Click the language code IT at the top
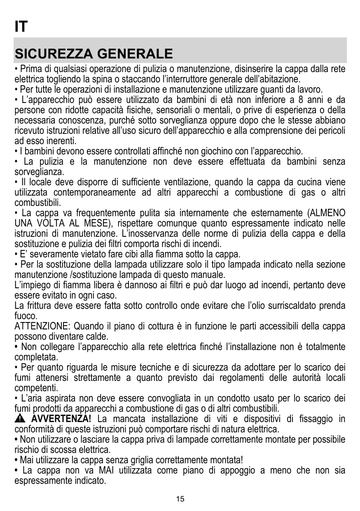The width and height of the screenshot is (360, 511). (21, 27)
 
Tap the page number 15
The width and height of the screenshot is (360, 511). (180, 499)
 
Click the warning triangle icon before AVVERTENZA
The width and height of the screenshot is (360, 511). (20, 420)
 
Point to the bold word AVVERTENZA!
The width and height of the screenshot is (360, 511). (62, 419)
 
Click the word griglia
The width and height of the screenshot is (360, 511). (145, 460)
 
